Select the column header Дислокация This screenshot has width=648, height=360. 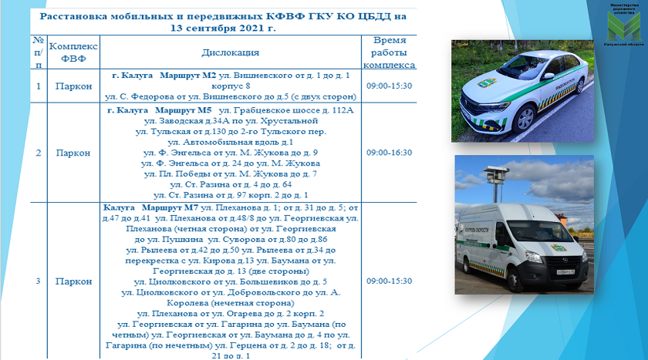click(x=231, y=52)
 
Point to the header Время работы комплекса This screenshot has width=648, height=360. click(x=390, y=52)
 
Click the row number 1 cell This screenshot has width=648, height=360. click(x=38, y=86)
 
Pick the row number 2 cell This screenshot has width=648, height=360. click(x=38, y=153)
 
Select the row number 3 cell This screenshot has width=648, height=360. click(x=38, y=281)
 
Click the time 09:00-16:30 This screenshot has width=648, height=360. click(x=390, y=153)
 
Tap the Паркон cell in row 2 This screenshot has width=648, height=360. click(x=74, y=153)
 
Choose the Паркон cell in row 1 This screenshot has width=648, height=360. click(x=74, y=86)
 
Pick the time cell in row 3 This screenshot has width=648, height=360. click(x=390, y=281)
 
